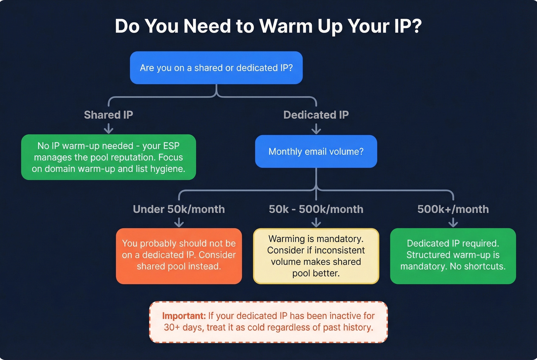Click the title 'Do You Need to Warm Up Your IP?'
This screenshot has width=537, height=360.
coord(268,26)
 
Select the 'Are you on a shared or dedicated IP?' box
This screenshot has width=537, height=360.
coord(216,68)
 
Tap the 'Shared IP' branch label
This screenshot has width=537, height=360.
coord(109,115)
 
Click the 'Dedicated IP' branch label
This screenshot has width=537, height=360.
coord(316,115)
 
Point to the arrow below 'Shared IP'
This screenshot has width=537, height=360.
coord(109,128)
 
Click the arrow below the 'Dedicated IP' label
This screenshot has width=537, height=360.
coord(316,129)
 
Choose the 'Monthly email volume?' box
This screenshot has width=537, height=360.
coord(316,151)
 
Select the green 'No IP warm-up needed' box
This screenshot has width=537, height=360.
coord(109,157)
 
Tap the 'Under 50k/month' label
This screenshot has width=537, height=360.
coord(179,209)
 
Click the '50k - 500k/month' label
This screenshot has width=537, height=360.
coord(316,209)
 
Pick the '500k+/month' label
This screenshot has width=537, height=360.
coord(453,209)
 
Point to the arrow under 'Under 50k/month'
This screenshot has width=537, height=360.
coord(179,222)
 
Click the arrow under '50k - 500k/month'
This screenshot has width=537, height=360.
coord(316,222)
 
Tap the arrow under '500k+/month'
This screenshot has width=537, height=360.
coord(453,222)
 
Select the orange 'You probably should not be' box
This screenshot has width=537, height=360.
coord(179,256)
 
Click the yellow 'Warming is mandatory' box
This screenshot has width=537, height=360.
coord(316,256)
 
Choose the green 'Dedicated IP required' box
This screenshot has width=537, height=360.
coord(453,256)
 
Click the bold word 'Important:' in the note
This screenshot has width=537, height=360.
coord(184,316)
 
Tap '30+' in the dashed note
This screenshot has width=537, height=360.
coord(172,327)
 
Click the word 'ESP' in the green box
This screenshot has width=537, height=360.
coord(171,146)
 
